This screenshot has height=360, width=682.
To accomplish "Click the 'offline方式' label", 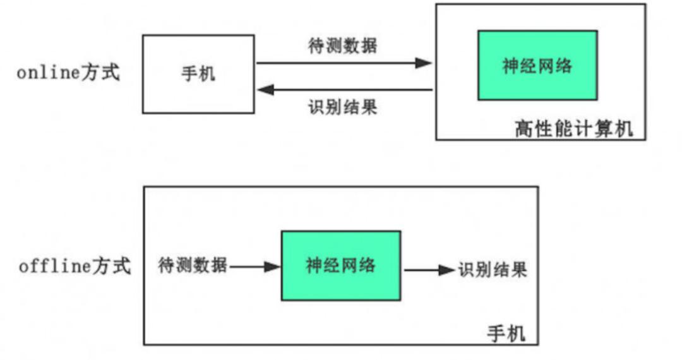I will pos(75,266).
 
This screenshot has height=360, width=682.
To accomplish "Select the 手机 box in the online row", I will pos(198,74).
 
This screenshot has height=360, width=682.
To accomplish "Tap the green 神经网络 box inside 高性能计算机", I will pos(537,66).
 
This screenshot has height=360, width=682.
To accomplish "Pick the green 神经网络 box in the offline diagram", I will pos(341,265).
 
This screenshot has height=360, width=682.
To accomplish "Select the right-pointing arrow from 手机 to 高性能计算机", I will pos(344,63).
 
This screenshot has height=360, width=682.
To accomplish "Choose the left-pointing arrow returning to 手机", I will pos(344,90).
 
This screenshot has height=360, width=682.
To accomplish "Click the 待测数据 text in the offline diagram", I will pos(193,266).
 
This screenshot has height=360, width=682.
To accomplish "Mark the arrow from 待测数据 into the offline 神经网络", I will pos(255,267).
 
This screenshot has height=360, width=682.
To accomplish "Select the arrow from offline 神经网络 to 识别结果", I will pos(429,270).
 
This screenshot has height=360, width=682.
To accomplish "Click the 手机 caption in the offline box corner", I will pos(506,333).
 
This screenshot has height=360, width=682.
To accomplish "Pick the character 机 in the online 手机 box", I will pos(207,74).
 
